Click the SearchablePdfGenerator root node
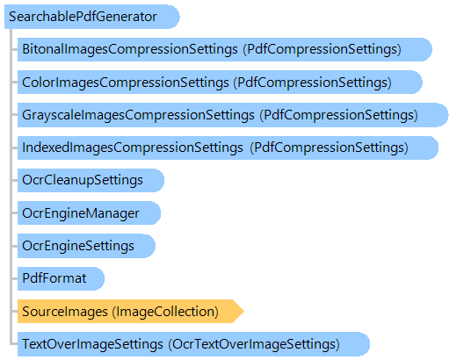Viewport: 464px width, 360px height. (x=91, y=17)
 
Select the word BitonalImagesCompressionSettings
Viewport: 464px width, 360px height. (x=130, y=49)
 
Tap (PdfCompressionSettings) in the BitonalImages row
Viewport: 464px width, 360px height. (x=322, y=49)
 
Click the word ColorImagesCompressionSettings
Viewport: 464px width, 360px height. (x=126, y=83)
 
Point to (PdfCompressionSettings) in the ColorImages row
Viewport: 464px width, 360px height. (x=313, y=83)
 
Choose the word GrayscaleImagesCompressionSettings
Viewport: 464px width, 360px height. (x=138, y=115)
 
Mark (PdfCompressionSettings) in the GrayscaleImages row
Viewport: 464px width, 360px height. (x=338, y=115)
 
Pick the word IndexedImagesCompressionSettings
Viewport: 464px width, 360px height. (x=133, y=148)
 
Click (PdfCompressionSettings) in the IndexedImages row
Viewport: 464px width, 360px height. (x=329, y=148)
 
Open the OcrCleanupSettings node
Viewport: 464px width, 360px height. (x=91, y=180)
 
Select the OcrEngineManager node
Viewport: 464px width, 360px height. (x=89, y=213)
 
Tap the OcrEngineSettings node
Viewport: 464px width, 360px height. (x=86, y=246)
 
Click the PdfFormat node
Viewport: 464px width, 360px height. (x=61, y=278)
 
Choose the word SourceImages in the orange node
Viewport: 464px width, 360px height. (x=65, y=312)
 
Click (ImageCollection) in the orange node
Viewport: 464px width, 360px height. (x=165, y=312)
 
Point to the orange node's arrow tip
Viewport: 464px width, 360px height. (x=243, y=311)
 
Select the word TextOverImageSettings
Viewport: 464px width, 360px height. (x=92, y=344)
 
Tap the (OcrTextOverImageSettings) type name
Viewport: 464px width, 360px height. (x=254, y=344)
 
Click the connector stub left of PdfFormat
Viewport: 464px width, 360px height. (x=15, y=278)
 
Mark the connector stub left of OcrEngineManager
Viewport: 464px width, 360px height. (x=15, y=213)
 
